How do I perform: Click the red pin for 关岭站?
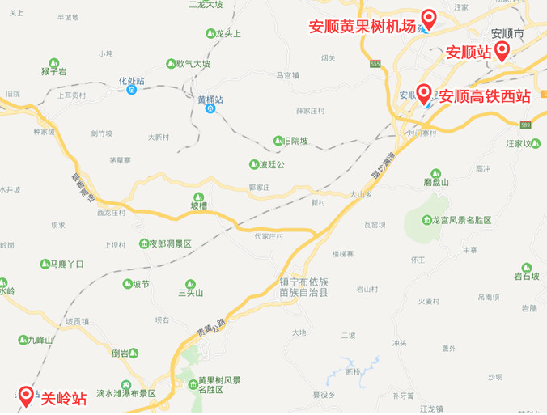coord(26,395)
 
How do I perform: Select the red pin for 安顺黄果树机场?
coord(429,18)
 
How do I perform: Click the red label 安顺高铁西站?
coord(484,95)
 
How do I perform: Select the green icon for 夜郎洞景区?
coord(143,243)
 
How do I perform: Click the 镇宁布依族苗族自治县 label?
coord(303,287)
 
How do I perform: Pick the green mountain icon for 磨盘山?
coord(436,174)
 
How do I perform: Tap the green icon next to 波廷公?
coord(253,164)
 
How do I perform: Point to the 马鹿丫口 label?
coord(67,265)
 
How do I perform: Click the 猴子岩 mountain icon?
coord(53,62)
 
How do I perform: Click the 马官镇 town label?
coord(287,75)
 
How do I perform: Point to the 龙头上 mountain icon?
coord(210,33)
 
